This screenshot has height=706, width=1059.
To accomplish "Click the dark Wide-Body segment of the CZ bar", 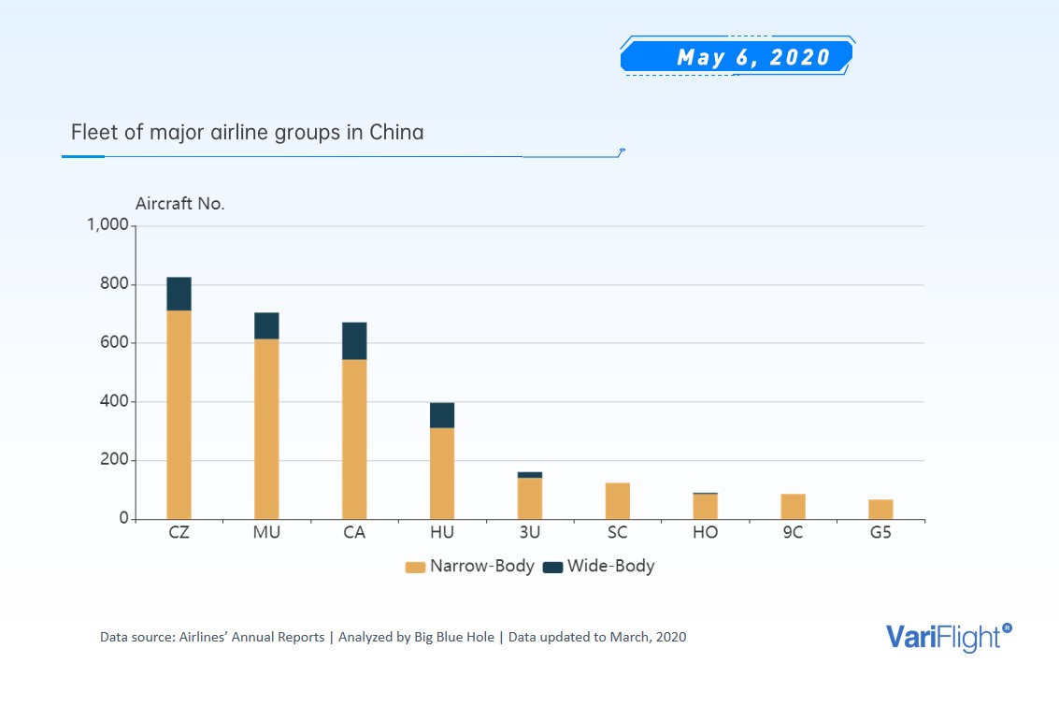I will pos(179,294).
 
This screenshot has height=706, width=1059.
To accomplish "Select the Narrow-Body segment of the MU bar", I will pos(266,428).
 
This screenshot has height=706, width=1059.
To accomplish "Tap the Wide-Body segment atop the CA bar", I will pos(354,341).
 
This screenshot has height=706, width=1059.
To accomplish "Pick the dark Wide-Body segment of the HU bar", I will pos(442,415).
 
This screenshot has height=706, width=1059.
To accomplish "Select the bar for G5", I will pos(880,510).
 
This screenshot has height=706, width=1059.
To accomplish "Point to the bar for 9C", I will pos(793,507).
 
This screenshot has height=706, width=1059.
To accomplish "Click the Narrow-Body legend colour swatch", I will pos(415,567).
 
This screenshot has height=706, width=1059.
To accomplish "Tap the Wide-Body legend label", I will pos(610,566).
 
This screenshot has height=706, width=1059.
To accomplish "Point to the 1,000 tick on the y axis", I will pos(107,225).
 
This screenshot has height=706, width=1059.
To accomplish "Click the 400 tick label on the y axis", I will pos(114,402).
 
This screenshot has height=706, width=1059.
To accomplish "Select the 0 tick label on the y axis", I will pos(122,519).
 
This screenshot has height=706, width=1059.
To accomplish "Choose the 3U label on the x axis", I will pos(529,533).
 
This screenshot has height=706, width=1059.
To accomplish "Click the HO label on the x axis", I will pos(705,533).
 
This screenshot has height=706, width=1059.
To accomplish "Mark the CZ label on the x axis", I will pos(179,533).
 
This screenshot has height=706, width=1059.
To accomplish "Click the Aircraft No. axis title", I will pos(180,203).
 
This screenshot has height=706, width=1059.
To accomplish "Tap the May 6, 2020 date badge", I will pos(737,57).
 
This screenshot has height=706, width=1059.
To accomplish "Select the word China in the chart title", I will pos(396,132).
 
